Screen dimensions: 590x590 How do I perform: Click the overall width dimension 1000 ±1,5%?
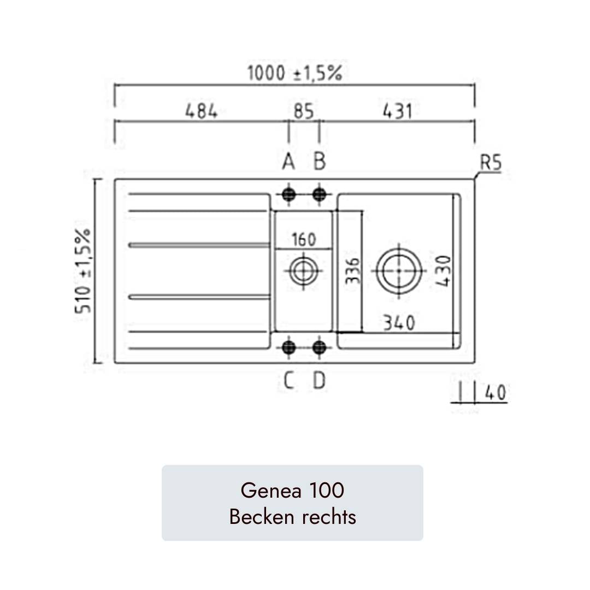pyautogui.click(x=295, y=73)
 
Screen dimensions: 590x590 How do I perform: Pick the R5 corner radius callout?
pyautogui.click(x=490, y=163)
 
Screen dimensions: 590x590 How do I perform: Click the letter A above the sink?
pyautogui.click(x=288, y=162)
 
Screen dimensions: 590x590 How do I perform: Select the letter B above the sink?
pyautogui.click(x=320, y=162)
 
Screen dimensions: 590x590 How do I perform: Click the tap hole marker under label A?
pyautogui.click(x=288, y=194)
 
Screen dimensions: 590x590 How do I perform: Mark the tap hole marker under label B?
pyautogui.click(x=320, y=194)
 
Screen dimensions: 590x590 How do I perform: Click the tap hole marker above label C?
pyautogui.click(x=288, y=347)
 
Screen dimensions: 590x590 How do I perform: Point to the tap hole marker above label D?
pyautogui.click(x=320, y=347)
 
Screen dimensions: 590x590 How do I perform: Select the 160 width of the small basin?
pyautogui.click(x=304, y=239)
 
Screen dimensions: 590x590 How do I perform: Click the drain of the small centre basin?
pyautogui.click(x=303, y=270)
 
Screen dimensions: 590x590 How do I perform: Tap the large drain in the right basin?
pyautogui.click(x=399, y=270)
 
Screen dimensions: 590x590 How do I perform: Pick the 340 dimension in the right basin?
pyautogui.click(x=398, y=323)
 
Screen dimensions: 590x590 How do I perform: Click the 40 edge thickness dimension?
pyautogui.click(x=494, y=393)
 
